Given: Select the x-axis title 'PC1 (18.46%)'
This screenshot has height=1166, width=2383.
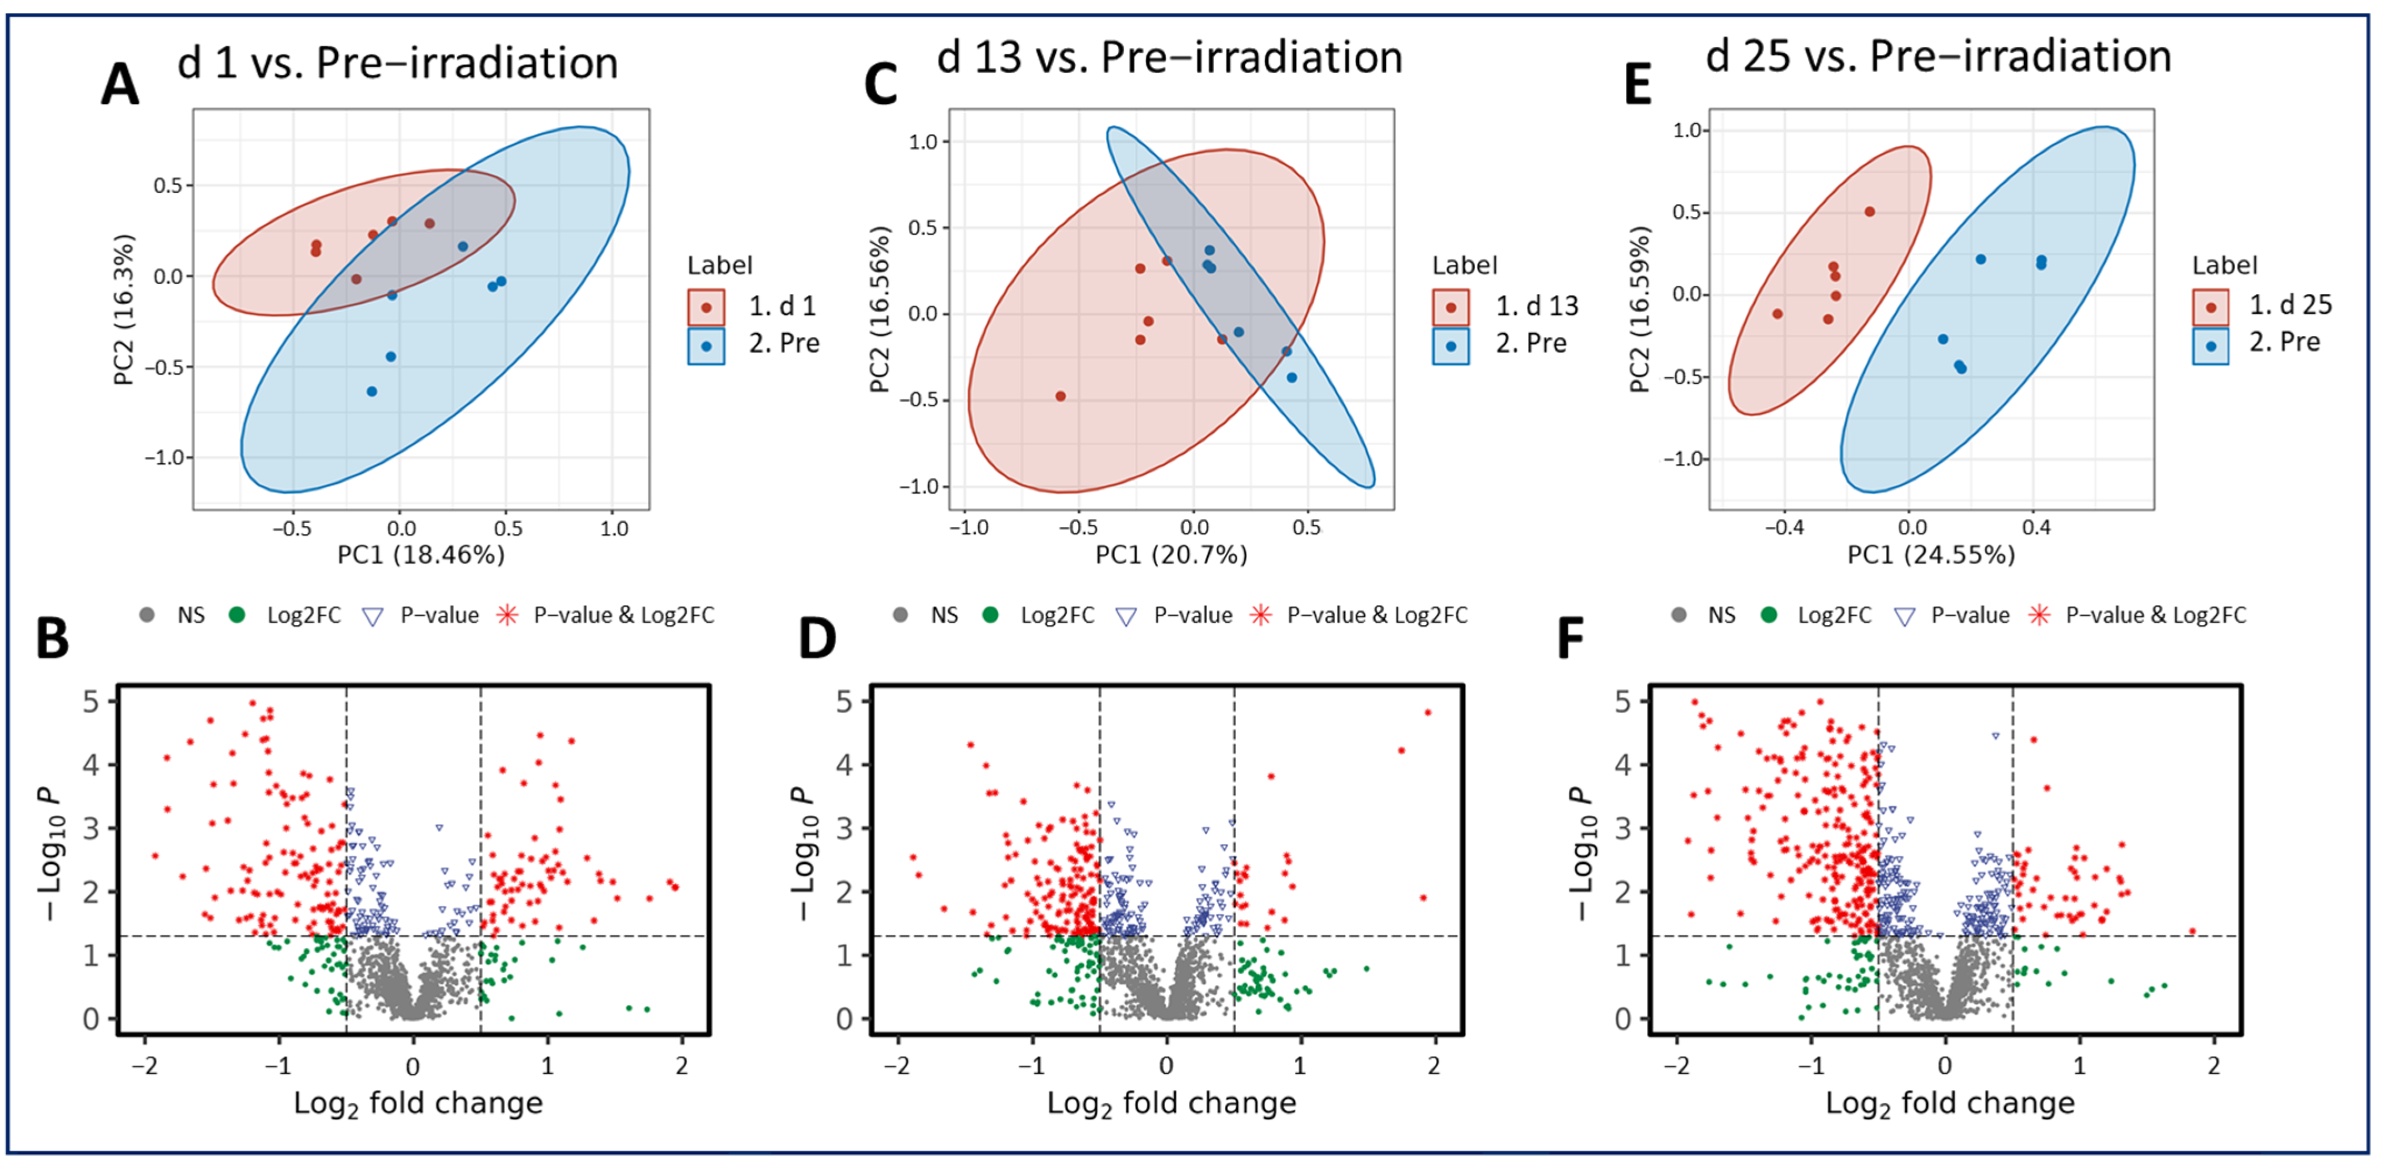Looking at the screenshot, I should tap(421, 554).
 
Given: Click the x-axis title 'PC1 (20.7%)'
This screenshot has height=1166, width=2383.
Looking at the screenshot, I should tap(1171, 554).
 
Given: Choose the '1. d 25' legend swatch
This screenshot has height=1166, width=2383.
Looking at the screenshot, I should tap(2210, 306).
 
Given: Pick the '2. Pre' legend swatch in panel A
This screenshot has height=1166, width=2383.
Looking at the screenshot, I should tap(706, 345).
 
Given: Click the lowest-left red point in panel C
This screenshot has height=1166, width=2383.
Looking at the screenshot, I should tap(1060, 396).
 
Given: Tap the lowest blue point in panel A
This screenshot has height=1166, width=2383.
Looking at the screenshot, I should tap(372, 392).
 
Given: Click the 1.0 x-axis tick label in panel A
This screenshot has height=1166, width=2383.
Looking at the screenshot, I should tap(614, 528).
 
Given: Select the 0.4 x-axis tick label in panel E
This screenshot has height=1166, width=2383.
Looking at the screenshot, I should tap(2036, 528).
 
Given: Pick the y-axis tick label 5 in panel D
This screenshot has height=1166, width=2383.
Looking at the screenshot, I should tap(844, 702).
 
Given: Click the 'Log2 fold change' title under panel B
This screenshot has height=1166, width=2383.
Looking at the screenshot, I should tap(418, 1103).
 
